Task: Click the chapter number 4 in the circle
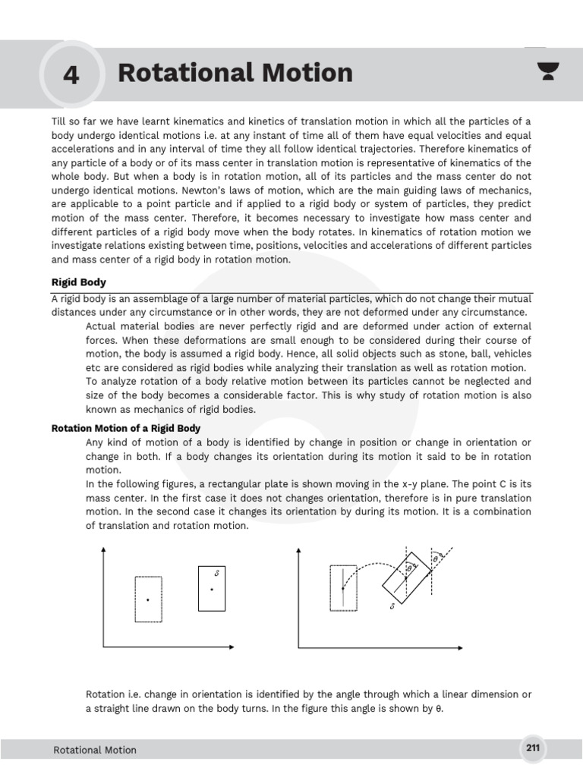coord(71,75)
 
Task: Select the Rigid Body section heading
coord(78,282)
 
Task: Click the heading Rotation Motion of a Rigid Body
coord(125,428)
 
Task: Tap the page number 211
coord(533,748)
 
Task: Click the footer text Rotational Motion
coord(95,750)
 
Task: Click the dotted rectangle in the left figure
coord(148,599)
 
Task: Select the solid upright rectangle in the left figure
coord(212,589)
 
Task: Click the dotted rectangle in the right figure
coord(343,587)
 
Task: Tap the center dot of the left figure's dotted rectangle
coord(148,600)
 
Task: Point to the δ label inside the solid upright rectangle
coord(217,574)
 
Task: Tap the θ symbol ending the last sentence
coord(438,709)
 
